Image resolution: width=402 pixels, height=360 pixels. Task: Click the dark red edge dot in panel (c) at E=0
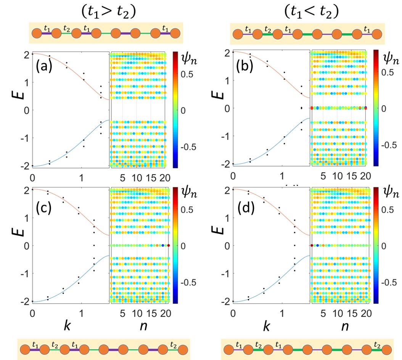pyautogui.click(x=168, y=246)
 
